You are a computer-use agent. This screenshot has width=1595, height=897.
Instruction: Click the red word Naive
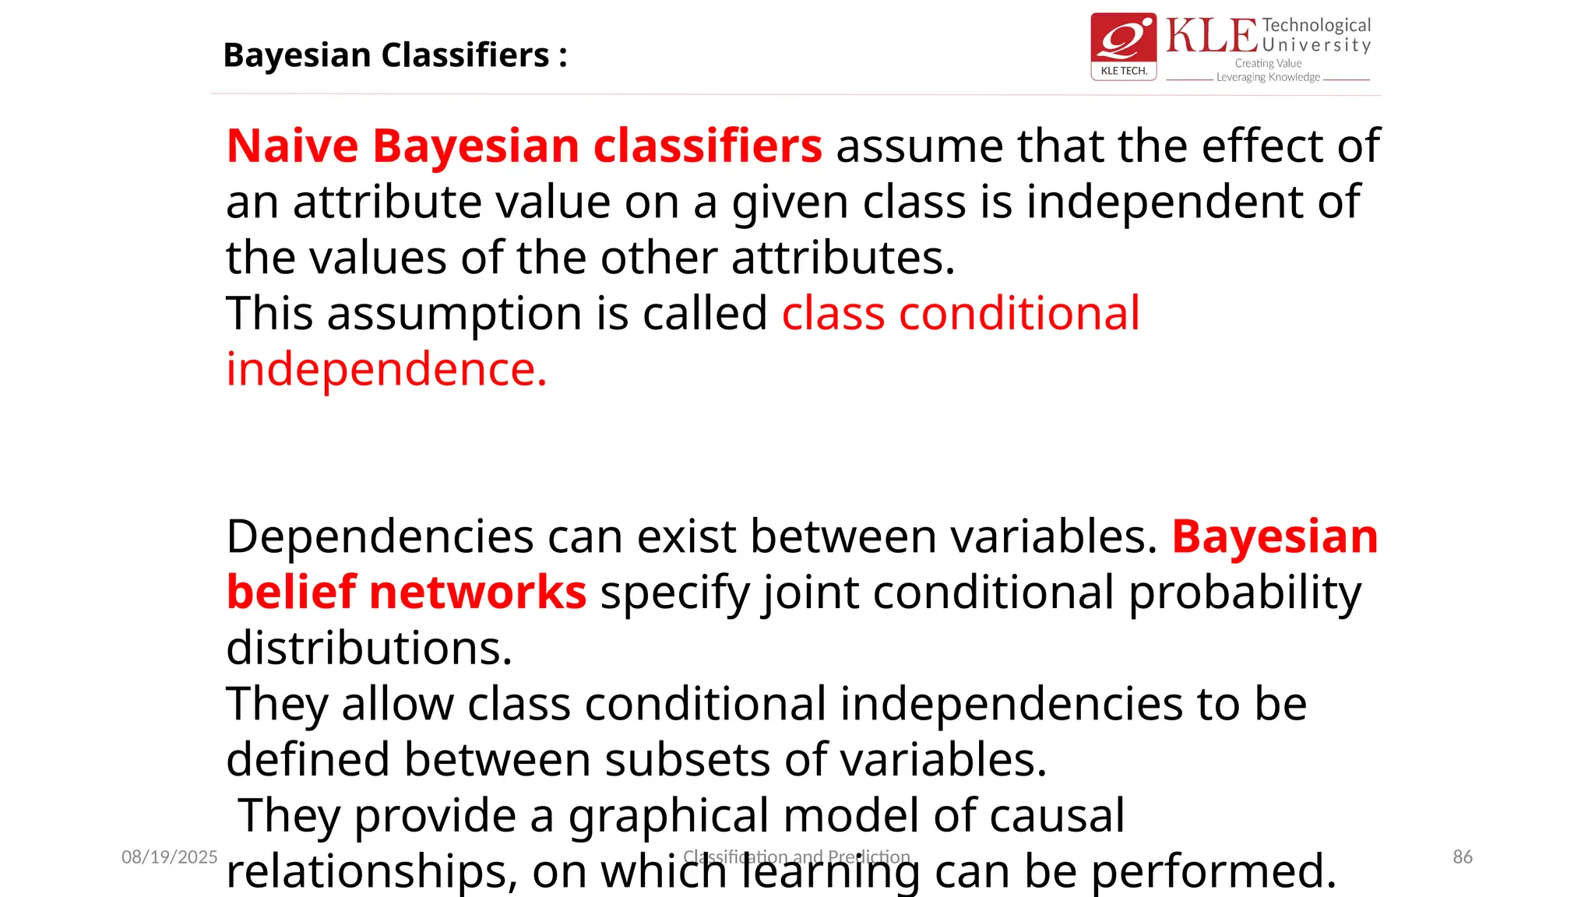point(293,146)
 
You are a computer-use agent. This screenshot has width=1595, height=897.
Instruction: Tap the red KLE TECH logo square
point(1123,46)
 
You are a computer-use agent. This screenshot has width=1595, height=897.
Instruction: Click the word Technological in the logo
point(1316,26)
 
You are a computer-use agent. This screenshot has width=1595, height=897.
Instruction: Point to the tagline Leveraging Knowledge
point(1268,77)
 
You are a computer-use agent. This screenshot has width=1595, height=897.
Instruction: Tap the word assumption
point(455,314)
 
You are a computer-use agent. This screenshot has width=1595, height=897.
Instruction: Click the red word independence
point(386,369)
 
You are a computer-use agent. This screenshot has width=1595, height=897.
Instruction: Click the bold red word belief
point(291,592)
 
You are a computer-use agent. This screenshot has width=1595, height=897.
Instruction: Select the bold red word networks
point(477,592)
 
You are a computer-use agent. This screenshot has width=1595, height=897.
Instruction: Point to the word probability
point(1245,593)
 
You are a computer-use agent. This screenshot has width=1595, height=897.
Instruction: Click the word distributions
point(369,648)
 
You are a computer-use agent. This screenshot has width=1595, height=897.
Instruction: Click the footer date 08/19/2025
point(169,857)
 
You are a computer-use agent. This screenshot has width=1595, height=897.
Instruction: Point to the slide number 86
point(1463,857)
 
